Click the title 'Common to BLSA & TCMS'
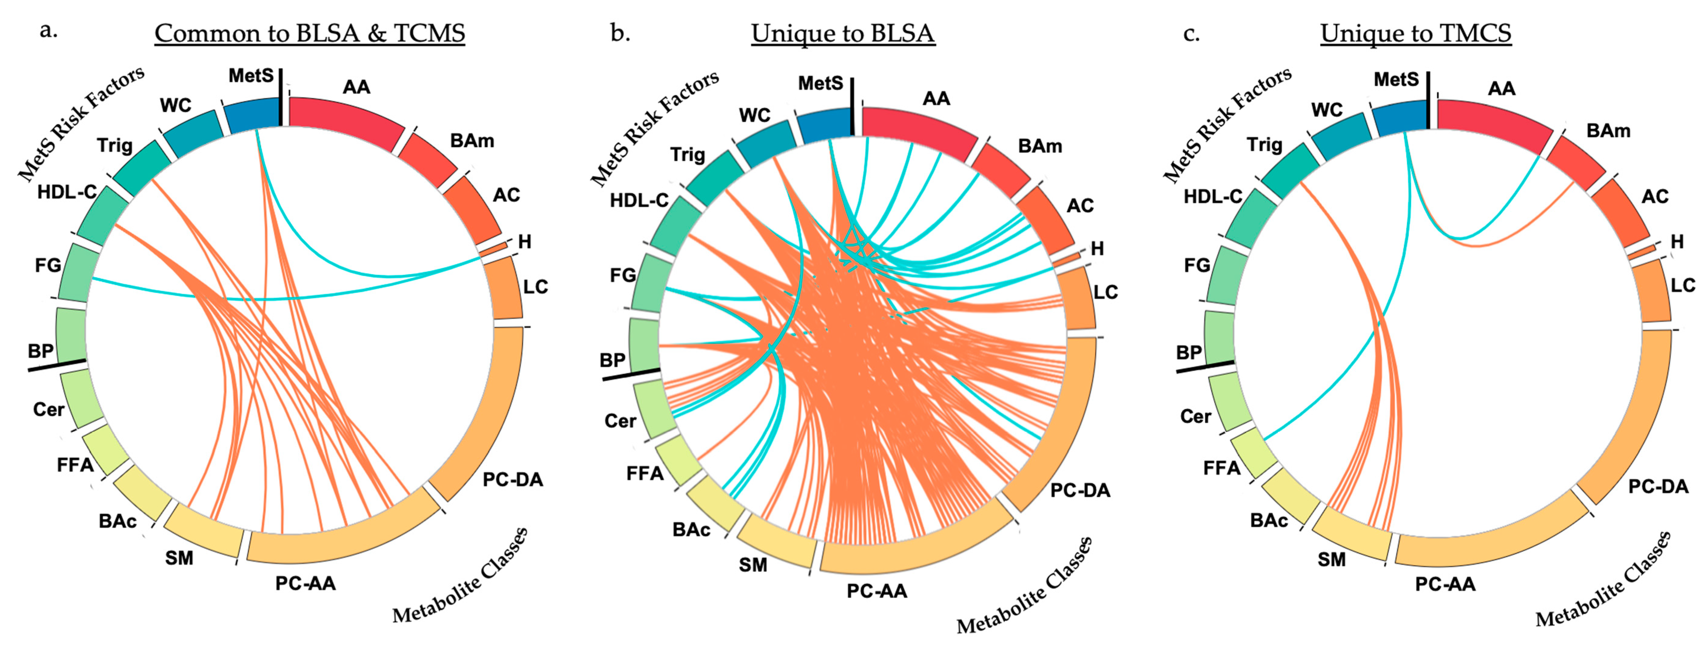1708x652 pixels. point(310,33)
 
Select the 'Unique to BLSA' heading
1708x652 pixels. point(843,33)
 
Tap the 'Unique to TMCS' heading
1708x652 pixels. point(1416,33)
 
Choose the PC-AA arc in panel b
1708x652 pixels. point(915,543)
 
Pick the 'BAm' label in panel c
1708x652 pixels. point(1608,131)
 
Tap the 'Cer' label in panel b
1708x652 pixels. point(620,421)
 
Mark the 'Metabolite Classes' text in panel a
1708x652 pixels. point(461,577)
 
